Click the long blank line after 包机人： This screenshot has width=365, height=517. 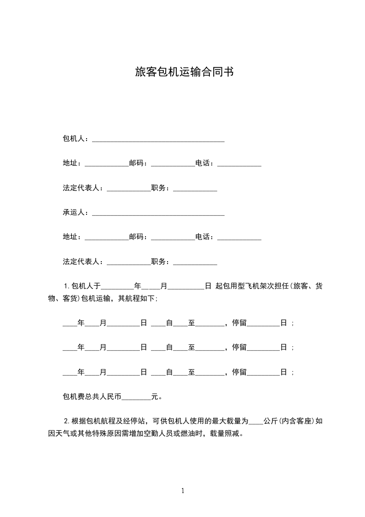(158, 140)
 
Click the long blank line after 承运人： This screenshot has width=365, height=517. (158, 213)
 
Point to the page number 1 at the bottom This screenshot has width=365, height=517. (183, 491)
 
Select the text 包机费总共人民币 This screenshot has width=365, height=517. (92, 396)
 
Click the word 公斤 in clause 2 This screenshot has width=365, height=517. (272, 421)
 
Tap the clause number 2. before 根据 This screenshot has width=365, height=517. (67, 421)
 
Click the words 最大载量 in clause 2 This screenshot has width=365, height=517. (224, 421)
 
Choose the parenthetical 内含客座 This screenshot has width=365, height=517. (299, 421)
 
